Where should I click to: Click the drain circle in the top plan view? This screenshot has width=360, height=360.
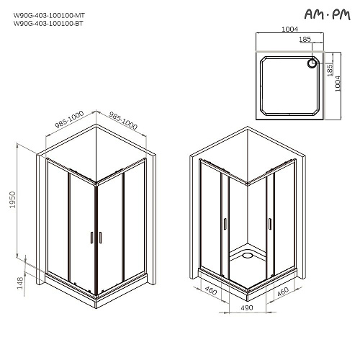pos(312,63)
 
